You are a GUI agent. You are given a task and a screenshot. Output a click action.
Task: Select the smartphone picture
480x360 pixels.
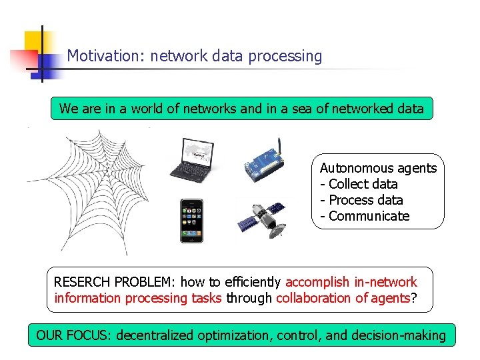(191, 221)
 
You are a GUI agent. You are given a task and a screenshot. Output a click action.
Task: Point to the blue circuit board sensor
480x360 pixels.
(264, 163)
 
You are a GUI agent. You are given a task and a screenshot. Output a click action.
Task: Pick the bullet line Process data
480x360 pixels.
(361, 200)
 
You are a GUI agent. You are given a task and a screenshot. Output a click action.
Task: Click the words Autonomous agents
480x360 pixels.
(378, 168)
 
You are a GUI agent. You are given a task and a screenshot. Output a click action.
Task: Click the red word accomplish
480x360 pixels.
(318, 283)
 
